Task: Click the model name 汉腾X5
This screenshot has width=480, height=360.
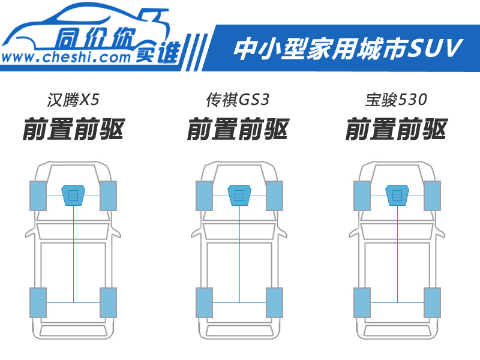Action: pyautogui.click(x=73, y=100)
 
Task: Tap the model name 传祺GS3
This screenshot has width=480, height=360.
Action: pyautogui.click(x=238, y=100)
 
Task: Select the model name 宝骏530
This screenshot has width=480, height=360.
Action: pyautogui.click(x=396, y=100)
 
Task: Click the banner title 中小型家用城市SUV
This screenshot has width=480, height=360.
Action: pyautogui.click(x=348, y=49)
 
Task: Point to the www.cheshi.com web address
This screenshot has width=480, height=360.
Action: pyautogui.click(x=66, y=57)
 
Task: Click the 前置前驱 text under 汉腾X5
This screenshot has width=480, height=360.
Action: pyautogui.click(x=74, y=129)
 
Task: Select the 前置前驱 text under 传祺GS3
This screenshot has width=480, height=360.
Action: pyautogui.click(x=238, y=129)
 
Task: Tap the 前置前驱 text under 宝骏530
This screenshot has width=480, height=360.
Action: pyautogui.click(x=397, y=129)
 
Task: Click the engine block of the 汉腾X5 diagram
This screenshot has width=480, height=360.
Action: pyautogui.click(x=73, y=195)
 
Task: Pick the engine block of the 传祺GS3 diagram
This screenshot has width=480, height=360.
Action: pyautogui.click(x=239, y=195)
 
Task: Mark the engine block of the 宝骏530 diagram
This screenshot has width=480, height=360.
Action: pyautogui.click(x=397, y=195)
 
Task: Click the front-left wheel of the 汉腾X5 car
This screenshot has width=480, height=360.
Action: pyautogui.click(x=38, y=196)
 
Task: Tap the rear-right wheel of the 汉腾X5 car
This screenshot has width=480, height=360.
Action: pyautogui.click(x=109, y=302)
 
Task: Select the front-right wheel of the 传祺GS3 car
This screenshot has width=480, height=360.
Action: pyautogui.click(x=275, y=196)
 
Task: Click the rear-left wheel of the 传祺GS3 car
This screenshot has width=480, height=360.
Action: pyautogui.click(x=204, y=302)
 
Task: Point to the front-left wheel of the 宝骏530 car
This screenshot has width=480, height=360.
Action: pyautogui.click(x=362, y=196)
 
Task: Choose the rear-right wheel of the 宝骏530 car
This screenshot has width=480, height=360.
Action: pyautogui.click(x=432, y=302)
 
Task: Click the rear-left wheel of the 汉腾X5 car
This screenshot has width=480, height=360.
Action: pyautogui.click(x=38, y=302)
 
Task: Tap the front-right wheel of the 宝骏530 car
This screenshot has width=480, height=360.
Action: pyautogui.click(x=432, y=196)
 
